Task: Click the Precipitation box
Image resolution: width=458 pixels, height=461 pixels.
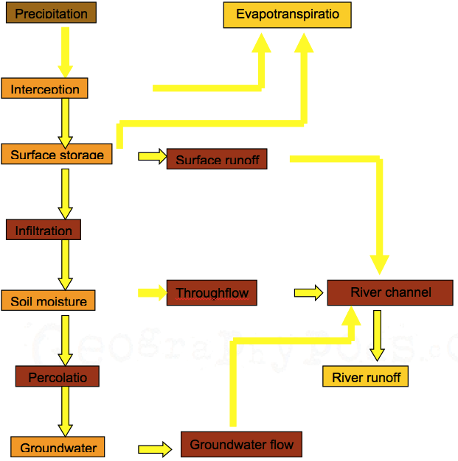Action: (x=51, y=13)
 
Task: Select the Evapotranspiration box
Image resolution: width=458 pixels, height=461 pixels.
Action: (x=288, y=15)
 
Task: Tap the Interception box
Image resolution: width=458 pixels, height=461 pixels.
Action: (x=45, y=88)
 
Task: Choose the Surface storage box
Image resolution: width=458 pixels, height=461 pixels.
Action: (x=57, y=153)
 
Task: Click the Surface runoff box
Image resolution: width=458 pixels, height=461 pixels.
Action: (x=217, y=159)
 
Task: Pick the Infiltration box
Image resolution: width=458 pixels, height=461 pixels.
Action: (x=44, y=230)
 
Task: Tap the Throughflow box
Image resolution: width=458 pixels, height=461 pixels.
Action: (x=212, y=292)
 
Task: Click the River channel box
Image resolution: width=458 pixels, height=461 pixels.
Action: (x=390, y=292)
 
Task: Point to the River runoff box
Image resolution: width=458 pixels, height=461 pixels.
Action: (x=366, y=377)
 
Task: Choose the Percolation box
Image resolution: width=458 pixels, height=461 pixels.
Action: (x=58, y=377)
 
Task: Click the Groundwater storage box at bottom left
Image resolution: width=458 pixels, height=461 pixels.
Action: (x=58, y=447)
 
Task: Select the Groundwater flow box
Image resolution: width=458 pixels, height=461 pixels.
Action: (x=241, y=444)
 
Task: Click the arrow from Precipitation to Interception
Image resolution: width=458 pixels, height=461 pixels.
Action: (x=65, y=52)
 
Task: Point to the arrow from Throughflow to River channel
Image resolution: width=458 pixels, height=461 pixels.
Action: (x=308, y=293)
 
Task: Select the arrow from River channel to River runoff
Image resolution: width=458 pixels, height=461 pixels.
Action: (x=377, y=335)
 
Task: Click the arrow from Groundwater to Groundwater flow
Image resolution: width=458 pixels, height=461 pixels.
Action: (x=154, y=448)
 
